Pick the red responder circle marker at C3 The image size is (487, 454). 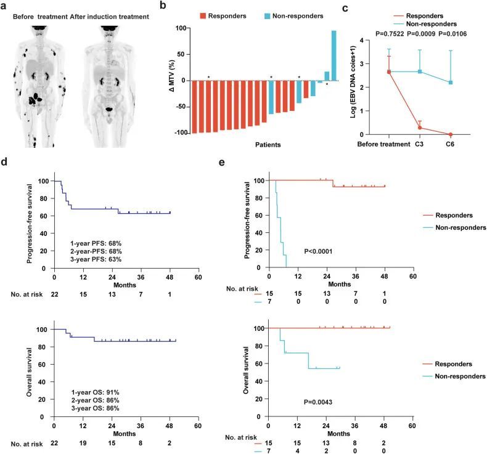coord(420,128)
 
